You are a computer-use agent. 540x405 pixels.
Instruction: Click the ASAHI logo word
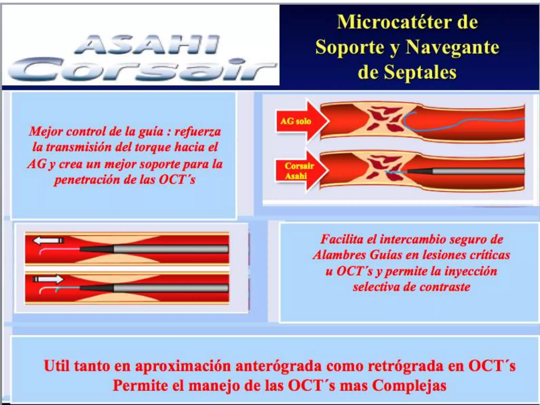coord(147,45)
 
